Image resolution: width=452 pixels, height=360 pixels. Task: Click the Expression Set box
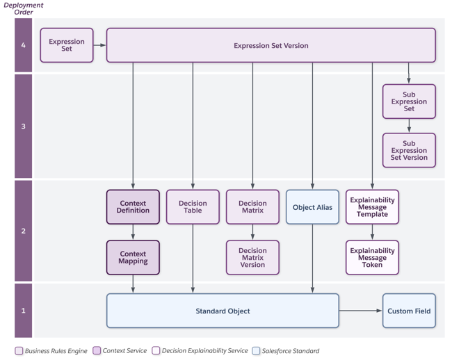click(67, 45)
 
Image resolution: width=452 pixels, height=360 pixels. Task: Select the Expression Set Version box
click(271, 45)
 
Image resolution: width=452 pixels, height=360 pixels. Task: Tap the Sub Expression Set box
click(409, 101)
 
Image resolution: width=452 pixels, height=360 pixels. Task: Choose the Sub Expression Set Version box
click(409, 150)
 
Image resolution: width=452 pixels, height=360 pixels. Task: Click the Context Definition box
click(133, 207)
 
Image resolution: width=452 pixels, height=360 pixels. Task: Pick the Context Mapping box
click(133, 258)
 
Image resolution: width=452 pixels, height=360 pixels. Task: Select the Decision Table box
click(193, 207)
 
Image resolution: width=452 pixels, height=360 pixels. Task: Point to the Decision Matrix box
click(252, 207)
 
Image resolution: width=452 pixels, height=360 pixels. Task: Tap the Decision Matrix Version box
click(252, 258)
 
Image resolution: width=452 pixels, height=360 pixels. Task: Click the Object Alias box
click(312, 207)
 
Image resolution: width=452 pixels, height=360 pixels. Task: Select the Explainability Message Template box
click(372, 207)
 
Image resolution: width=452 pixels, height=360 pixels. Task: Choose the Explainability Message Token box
click(372, 258)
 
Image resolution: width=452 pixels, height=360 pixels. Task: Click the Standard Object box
click(223, 311)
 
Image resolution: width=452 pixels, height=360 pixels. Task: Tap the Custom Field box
click(409, 311)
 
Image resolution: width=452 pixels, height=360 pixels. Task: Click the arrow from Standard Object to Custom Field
click(360, 311)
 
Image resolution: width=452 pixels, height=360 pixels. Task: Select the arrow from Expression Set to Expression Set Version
click(99, 45)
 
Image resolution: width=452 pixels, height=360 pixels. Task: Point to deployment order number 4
click(23, 45)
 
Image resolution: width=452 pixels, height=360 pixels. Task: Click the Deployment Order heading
click(24, 8)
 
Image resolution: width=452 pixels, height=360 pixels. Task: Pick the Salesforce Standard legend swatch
click(257, 351)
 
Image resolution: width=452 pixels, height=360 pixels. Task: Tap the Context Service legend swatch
click(97, 351)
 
